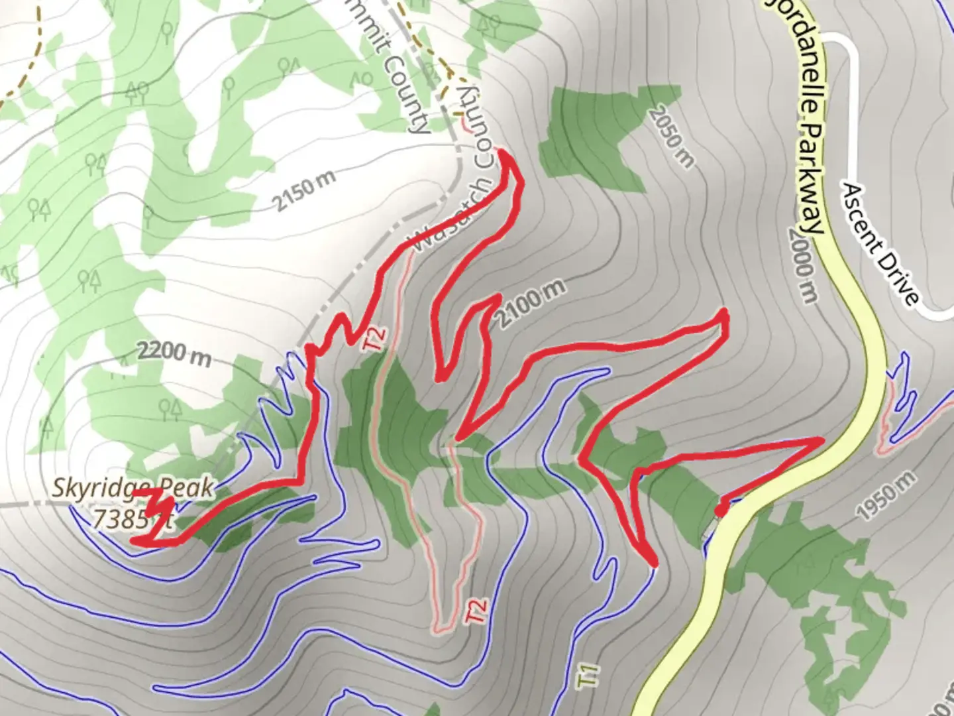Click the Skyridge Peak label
pos(132,488)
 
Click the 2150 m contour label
pos(304,190)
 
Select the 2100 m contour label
pos(531,304)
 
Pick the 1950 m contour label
pos(886,495)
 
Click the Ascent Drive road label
pos(879,245)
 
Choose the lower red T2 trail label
pos(478,610)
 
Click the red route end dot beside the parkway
pos(721,510)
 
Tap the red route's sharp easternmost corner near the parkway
pos(821,440)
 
